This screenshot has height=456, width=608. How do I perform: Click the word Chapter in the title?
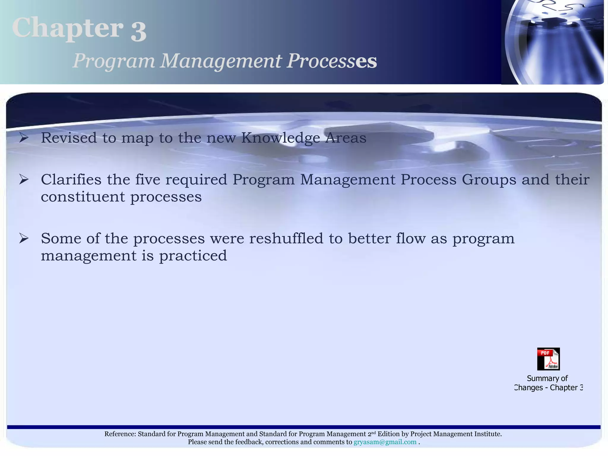click(68, 28)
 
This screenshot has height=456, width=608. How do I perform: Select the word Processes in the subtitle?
click(332, 61)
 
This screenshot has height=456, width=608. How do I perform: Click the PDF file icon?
click(548, 359)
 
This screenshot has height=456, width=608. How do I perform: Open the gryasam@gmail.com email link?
click(385, 442)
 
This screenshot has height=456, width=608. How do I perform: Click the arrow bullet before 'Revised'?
click(24, 138)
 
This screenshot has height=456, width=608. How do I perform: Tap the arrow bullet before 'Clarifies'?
click(24, 179)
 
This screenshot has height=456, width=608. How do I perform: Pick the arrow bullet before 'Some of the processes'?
click(24, 238)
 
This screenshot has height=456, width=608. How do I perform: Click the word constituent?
click(83, 197)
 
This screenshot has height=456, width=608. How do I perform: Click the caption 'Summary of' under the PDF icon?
click(547, 379)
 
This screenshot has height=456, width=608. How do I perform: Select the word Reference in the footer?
click(120, 434)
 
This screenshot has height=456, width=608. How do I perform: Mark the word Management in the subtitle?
click(221, 61)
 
